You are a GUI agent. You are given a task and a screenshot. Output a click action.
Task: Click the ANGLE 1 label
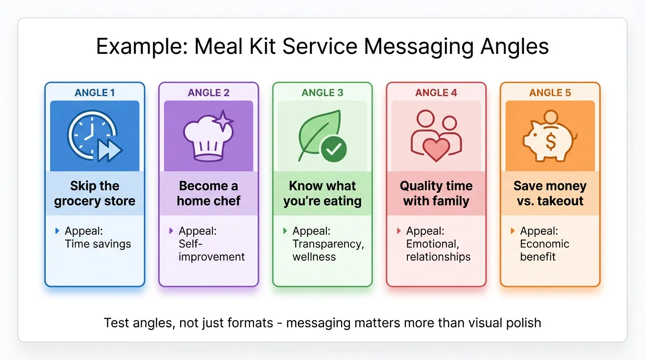(x=95, y=92)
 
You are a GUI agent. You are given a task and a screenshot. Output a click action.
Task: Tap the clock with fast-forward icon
(x=94, y=136)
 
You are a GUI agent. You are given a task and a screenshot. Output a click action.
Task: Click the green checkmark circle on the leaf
(x=333, y=150)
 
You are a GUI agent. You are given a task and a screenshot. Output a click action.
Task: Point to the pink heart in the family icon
(x=436, y=149)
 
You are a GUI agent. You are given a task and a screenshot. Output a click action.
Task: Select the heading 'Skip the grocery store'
(x=95, y=194)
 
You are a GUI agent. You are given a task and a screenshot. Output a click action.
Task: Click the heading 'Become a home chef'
(x=209, y=194)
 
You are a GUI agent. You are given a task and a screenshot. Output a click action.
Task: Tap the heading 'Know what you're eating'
(x=322, y=194)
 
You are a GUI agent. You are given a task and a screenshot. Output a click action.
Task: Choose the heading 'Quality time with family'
(x=436, y=194)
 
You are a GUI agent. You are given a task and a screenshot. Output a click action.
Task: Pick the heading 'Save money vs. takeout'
(x=550, y=194)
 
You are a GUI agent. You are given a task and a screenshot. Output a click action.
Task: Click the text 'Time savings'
(x=98, y=244)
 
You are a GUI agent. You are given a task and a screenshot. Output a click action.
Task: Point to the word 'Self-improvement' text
(x=211, y=250)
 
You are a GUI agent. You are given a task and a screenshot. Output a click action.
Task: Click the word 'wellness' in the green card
(x=314, y=257)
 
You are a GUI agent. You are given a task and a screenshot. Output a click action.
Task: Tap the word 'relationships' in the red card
(x=438, y=257)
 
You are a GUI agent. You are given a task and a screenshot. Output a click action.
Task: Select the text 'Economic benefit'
(x=545, y=250)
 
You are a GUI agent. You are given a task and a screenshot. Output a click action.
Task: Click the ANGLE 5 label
(x=550, y=92)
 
